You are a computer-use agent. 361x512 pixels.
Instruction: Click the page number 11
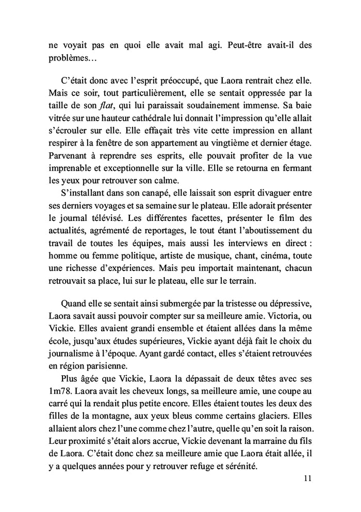(x=307, y=478)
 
